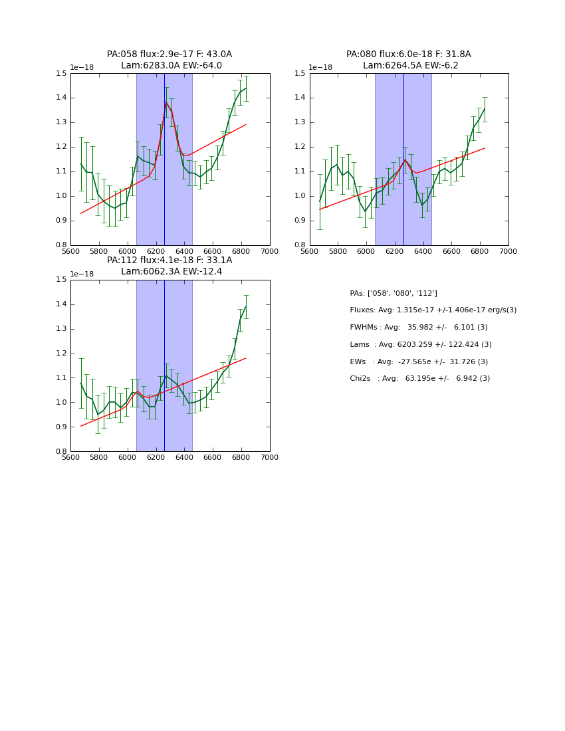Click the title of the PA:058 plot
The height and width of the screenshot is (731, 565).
pyautogui.click(x=169, y=60)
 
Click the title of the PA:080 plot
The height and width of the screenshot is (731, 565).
pyautogui.click(x=409, y=60)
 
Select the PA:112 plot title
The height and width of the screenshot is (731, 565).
pyautogui.click(x=169, y=266)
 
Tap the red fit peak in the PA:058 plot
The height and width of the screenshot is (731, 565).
pyautogui.click(x=166, y=102)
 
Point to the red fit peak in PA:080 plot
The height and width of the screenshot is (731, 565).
pyautogui.click(x=404, y=159)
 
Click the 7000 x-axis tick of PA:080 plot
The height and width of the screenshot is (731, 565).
pyautogui.click(x=508, y=251)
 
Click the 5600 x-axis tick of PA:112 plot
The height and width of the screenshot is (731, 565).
pyautogui.click(x=70, y=457)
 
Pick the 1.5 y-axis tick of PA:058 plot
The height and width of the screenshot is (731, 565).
pyautogui.click(x=61, y=73)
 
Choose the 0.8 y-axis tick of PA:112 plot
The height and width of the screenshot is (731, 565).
pyautogui.click(x=61, y=451)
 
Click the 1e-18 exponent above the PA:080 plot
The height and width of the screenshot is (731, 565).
pyautogui.click(x=320, y=67)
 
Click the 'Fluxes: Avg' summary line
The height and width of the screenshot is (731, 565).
pyautogui.click(x=433, y=310)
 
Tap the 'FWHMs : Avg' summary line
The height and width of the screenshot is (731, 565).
pyautogui.click(x=419, y=328)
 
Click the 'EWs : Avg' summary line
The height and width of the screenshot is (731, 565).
pyautogui.click(x=419, y=362)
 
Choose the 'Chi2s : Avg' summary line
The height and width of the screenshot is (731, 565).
pyautogui.click(x=420, y=379)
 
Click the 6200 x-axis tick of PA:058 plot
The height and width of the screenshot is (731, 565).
pyautogui.click(x=156, y=251)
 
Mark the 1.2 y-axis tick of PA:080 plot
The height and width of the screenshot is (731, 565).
pyautogui.click(x=300, y=147)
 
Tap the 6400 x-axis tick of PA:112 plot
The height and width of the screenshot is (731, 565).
pyautogui.click(x=184, y=457)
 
